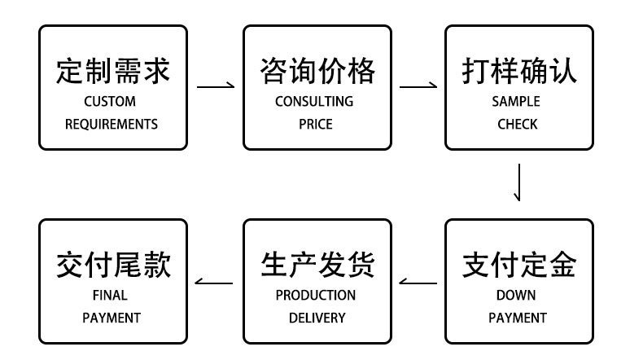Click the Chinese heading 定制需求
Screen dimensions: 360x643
(113, 71)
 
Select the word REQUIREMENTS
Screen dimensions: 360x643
(112, 125)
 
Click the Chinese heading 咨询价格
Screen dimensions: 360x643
(317, 71)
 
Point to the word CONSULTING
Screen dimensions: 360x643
(314, 102)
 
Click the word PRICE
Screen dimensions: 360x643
(316, 125)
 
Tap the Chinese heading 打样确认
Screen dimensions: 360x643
(518, 71)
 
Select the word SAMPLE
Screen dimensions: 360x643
(516, 102)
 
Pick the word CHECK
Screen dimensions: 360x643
(518, 125)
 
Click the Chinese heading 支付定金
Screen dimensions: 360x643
(518, 265)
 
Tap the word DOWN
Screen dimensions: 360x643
(516, 295)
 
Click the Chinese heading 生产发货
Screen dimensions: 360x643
(317, 265)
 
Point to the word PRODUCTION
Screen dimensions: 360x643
(316, 295)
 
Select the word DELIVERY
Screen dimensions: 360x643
(317, 318)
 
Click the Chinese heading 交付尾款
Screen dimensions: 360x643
(113, 265)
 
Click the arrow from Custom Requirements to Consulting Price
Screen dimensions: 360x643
(216, 85)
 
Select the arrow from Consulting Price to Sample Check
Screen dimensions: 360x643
(418, 85)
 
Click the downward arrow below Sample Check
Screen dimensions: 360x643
(518, 183)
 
